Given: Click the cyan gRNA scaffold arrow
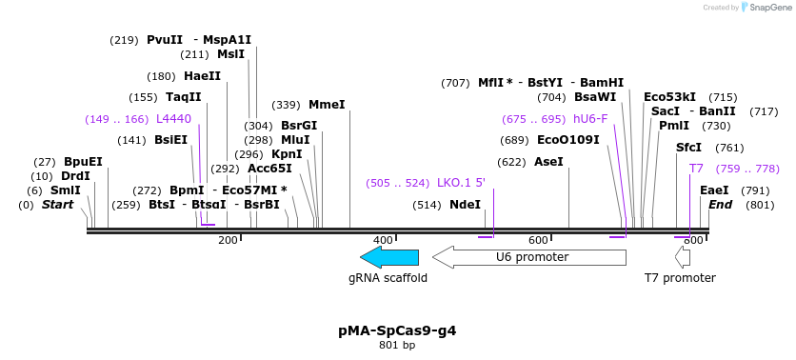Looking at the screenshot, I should tap(389, 257).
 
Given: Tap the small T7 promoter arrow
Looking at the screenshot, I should tap(682, 257).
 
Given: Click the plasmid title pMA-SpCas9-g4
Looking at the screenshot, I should tap(397, 330).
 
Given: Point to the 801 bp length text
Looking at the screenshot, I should tap(397, 345).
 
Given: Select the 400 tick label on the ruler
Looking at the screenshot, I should tap(383, 240).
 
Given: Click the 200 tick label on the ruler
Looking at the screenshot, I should tap(228, 240).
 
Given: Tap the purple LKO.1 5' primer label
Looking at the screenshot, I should tap(461, 183).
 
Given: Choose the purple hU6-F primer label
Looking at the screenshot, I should tap(590, 119).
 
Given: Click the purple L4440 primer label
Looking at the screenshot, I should tap(173, 119).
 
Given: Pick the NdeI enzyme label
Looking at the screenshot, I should tap(465, 205).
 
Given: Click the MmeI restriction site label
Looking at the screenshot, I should tap(327, 105).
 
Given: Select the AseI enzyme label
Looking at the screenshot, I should tap(548, 162).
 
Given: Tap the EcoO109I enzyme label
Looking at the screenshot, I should tap(568, 140).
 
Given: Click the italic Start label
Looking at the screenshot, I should tap(57, 205).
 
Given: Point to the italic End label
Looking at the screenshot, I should tap(721, 205).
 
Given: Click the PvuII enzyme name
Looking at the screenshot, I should tap(165, 40).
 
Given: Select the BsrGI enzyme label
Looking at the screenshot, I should tap(299, 126).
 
